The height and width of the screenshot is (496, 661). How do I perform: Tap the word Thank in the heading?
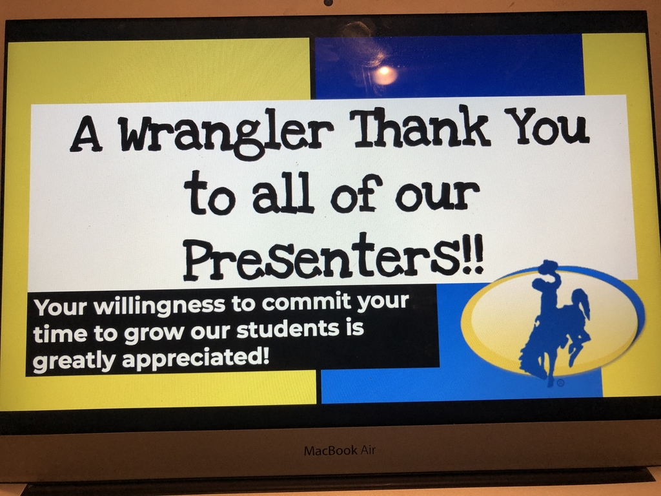(422, 127)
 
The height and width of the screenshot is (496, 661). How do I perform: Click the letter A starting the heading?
(86, 134)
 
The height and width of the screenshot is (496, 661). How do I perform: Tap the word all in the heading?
(283, 193)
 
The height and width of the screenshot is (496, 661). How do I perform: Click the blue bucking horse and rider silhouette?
(554, 323)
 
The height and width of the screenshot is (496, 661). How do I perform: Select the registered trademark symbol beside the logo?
(561, 383)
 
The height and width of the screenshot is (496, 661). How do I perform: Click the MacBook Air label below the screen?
(340, 450)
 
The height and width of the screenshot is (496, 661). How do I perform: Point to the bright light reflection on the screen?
(385, 75)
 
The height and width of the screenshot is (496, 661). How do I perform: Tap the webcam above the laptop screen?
(329, 3)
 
